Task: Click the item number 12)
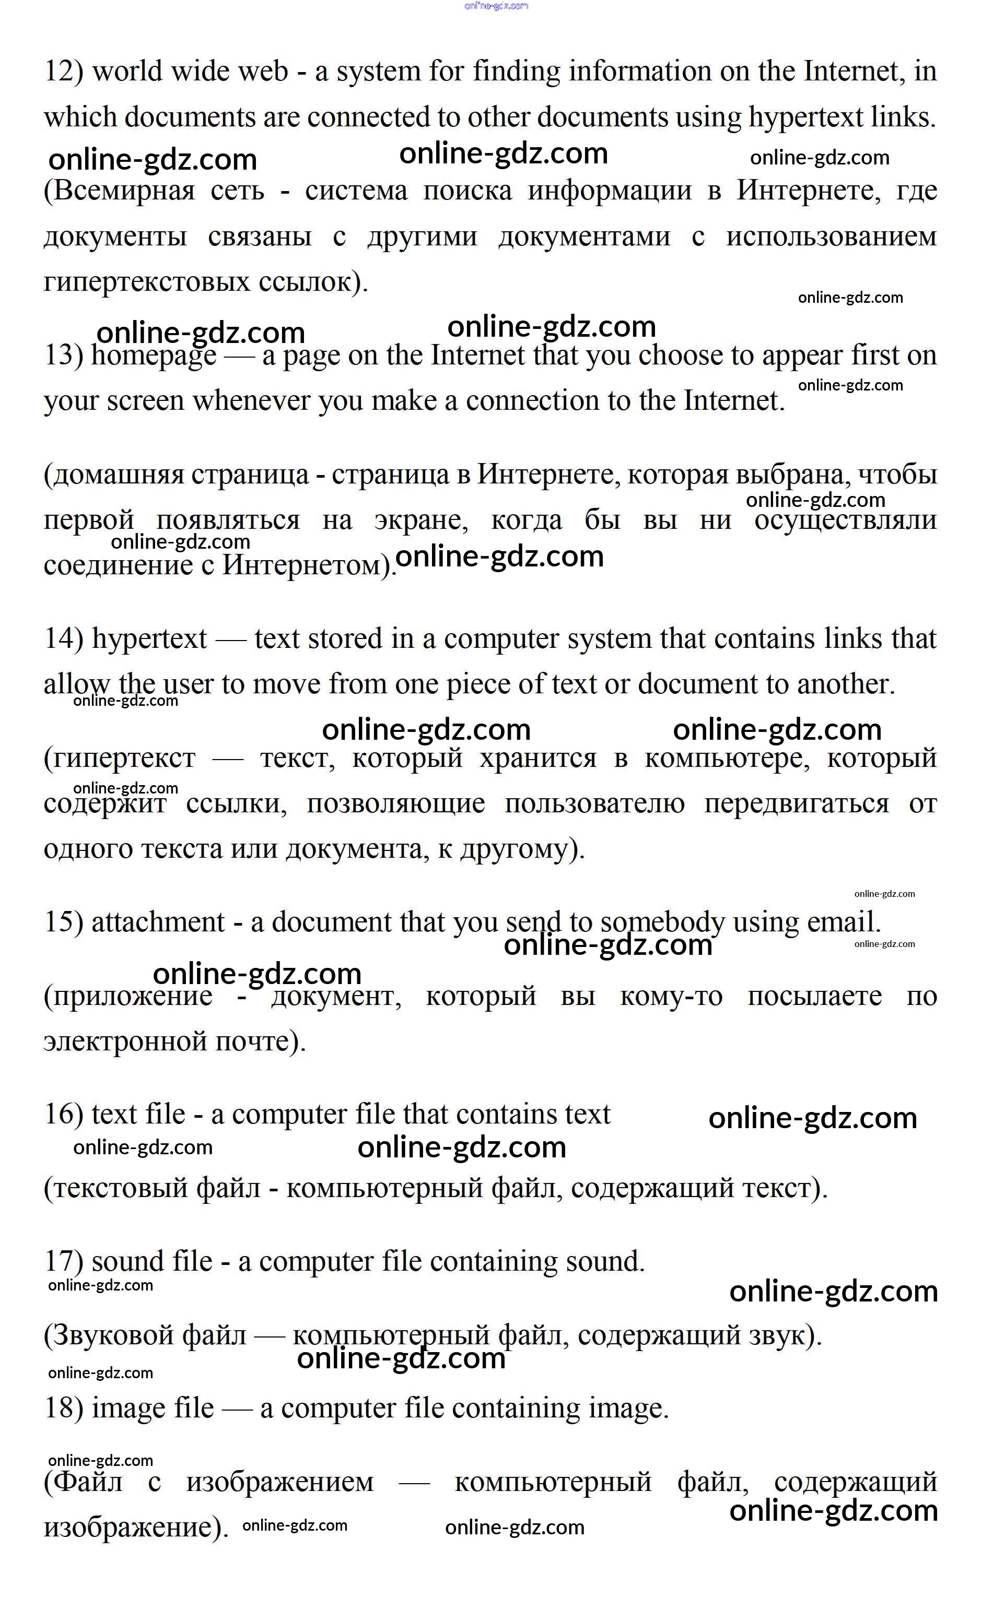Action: [63, 71]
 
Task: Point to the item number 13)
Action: [63, 356]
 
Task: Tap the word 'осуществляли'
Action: [845, 520]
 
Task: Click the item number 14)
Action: [63, 638]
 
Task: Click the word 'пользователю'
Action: [594, 804]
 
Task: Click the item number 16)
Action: [63, 1115]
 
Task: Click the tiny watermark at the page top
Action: [496, 6]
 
